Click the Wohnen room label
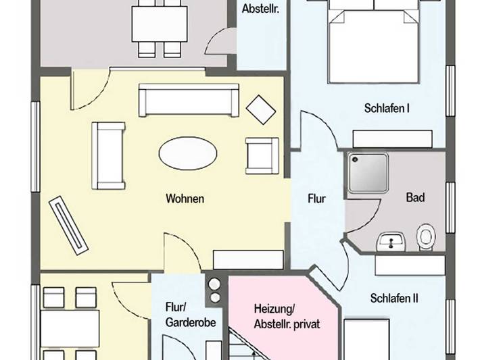(x=185, y=199)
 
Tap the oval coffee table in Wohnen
(x=188, y=153)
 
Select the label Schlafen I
(x=387, y=108)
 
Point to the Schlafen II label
(x=394, y=297)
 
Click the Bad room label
(x=415, y=198)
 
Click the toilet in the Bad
(x=427, y=236)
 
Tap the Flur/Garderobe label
(x=190, y=315)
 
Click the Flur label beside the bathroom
(x=316, y=199)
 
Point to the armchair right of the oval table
(x=262, y=155)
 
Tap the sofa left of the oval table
(x=108, y=155)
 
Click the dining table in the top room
(x=159, y=24)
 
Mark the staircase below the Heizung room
(x=247, y=344)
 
